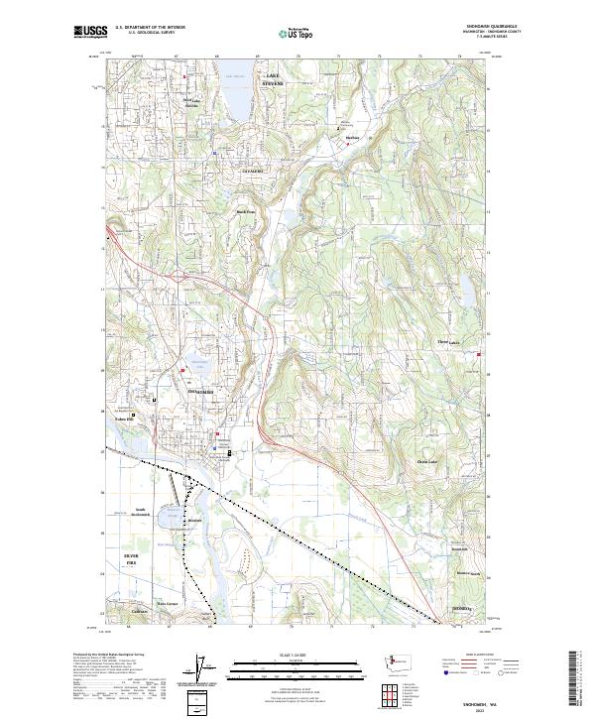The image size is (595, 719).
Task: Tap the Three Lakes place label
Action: pos(448,343)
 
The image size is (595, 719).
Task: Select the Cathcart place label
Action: pos(140,611)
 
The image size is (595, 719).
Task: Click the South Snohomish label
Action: pos(146,513)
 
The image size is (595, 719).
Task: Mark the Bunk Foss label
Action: pos(244,210)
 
